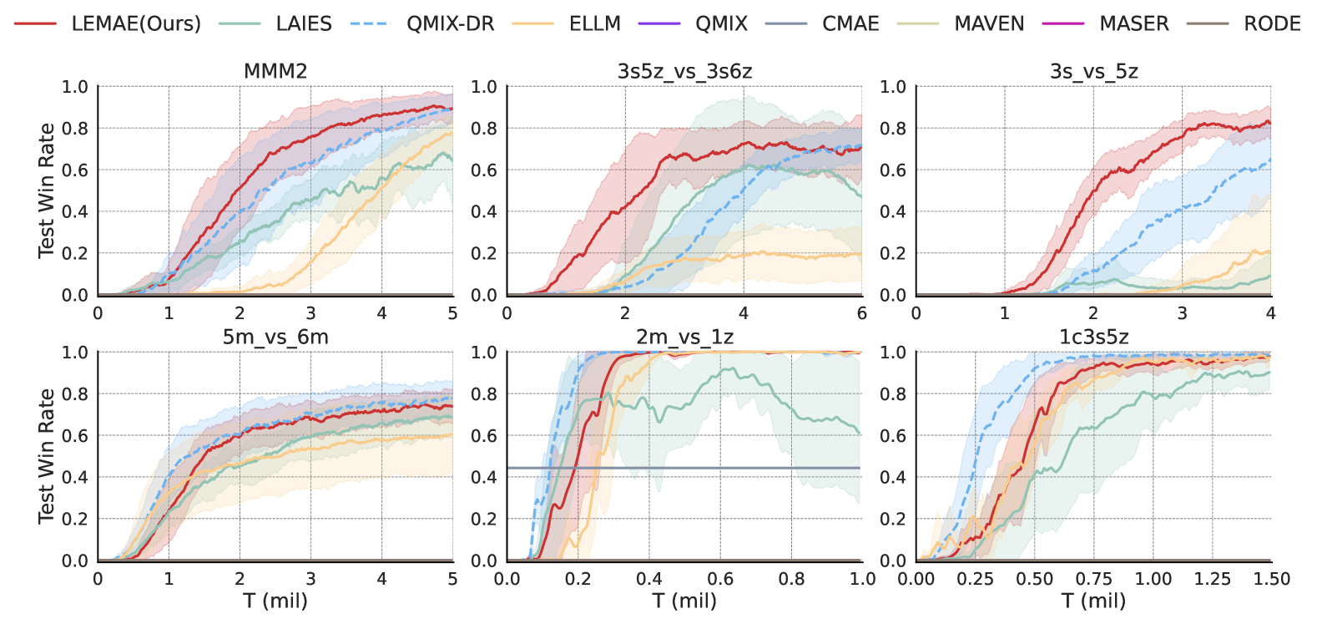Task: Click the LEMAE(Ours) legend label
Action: click(x=136, y=23)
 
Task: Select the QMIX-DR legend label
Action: click(x=450, y=23)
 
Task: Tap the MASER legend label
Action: click(x=1134, y=23)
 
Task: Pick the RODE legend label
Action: click(x=1272, y=23)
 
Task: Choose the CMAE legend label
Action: click(x=850, y=23)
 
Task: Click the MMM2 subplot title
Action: click(x=275, y=71)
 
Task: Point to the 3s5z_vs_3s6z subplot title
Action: click(x=684, y=71)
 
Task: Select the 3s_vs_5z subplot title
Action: click(x=1093, y=71)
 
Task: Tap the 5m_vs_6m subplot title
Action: click(x=275, y=337)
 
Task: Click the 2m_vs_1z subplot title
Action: click(x=684, y=337)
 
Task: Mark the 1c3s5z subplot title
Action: click(x=1093, y=337)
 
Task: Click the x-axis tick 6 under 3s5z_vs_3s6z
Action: click(x=861, y=313)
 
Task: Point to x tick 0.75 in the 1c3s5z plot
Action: click(x=1093, y=579)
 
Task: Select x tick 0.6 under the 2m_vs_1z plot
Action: click(x=720, y=579)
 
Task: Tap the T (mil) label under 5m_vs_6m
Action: click(x=275, y=601)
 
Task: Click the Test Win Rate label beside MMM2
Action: click(x=46, y=190)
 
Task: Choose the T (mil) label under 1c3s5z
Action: click(x=1093, y=601)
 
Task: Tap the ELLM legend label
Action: click(x=594, y=23)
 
